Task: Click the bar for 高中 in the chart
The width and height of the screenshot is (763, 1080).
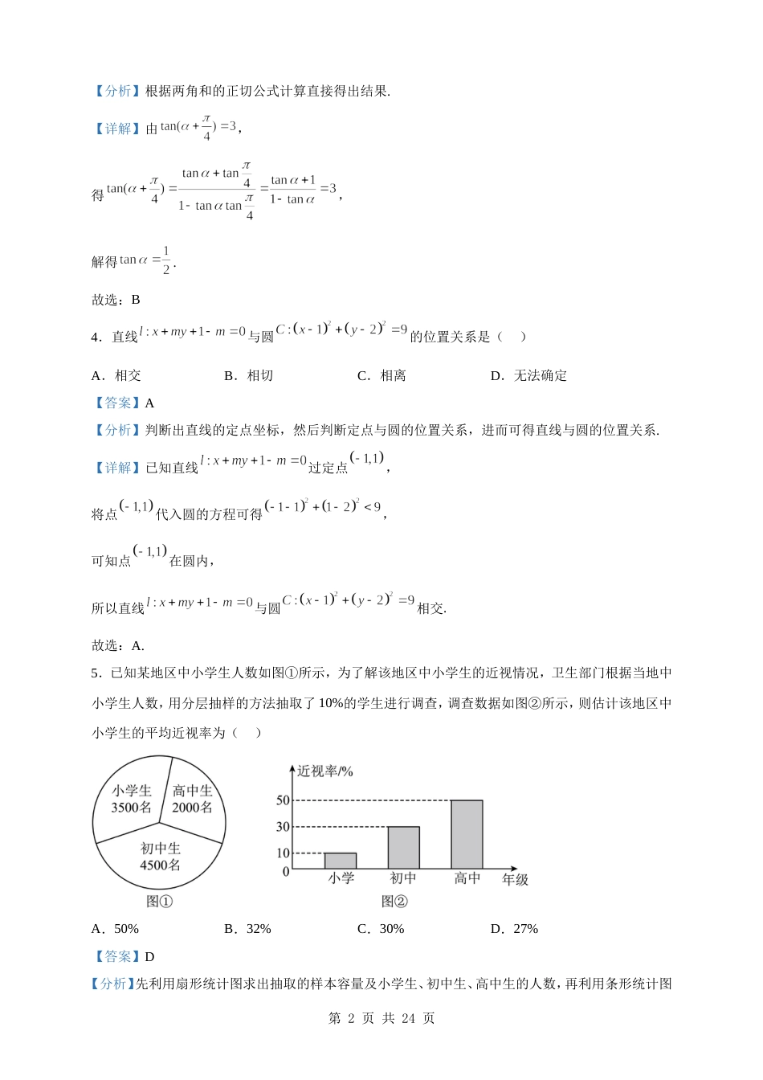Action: coord(467,834)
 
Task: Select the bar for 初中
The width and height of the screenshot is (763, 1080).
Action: coord(403,847)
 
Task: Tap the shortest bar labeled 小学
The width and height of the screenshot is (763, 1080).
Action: coord(341,861)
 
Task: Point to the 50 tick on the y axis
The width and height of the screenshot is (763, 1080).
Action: coord(283,800)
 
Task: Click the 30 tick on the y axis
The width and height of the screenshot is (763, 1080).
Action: coord(283,827)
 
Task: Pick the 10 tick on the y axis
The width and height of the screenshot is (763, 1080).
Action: coord(283,853)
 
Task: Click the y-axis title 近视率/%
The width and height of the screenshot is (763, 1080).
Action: coord(325,771)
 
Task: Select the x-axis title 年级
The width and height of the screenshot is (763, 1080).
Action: coord(515,879)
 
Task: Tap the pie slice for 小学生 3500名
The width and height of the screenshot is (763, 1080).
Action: coord(132,800)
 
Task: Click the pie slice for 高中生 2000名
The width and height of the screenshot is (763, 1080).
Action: coord(193,799)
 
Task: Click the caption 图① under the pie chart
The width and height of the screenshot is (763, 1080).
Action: coord(160,902)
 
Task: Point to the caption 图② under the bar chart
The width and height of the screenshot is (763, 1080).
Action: coord(394,902)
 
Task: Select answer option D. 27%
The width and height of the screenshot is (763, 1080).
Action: coord(514,929)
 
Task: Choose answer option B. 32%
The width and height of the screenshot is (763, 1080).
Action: coord(247,929)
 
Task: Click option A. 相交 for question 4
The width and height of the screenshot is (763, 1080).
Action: coord(116,375)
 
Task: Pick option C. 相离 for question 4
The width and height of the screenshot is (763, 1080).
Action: coord(381,375)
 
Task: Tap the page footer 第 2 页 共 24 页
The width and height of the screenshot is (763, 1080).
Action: coord(381,1018)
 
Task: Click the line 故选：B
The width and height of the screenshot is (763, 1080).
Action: coord(116,300)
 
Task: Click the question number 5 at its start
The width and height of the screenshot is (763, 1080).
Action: coord(95,673)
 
